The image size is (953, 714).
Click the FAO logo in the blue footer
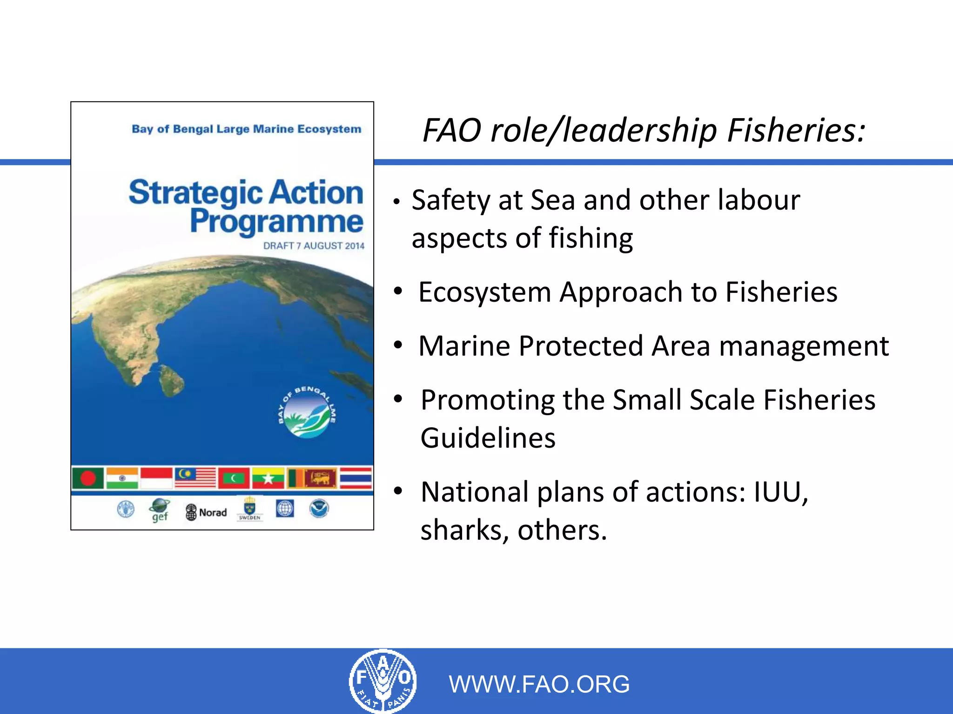coord(383,681)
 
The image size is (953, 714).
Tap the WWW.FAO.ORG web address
coord(539,684)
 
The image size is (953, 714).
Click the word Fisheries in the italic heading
coord(796,130)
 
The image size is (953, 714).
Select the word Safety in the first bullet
coord(450,201)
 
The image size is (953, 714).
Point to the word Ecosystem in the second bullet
coord(484,292)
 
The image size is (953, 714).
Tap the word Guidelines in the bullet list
coord(488,438)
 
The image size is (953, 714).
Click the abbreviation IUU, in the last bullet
coord(781,492)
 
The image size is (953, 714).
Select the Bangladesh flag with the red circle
coord(88,478)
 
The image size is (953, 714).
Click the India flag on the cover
coord(122,478)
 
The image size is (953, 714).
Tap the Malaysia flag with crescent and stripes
coord(195,478)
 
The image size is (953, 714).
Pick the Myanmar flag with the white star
coord(268,478)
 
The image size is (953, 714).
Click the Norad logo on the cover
coord(207,512)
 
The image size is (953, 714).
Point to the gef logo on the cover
coord(160,510)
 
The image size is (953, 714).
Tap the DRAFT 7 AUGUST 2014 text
coord(314,246)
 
